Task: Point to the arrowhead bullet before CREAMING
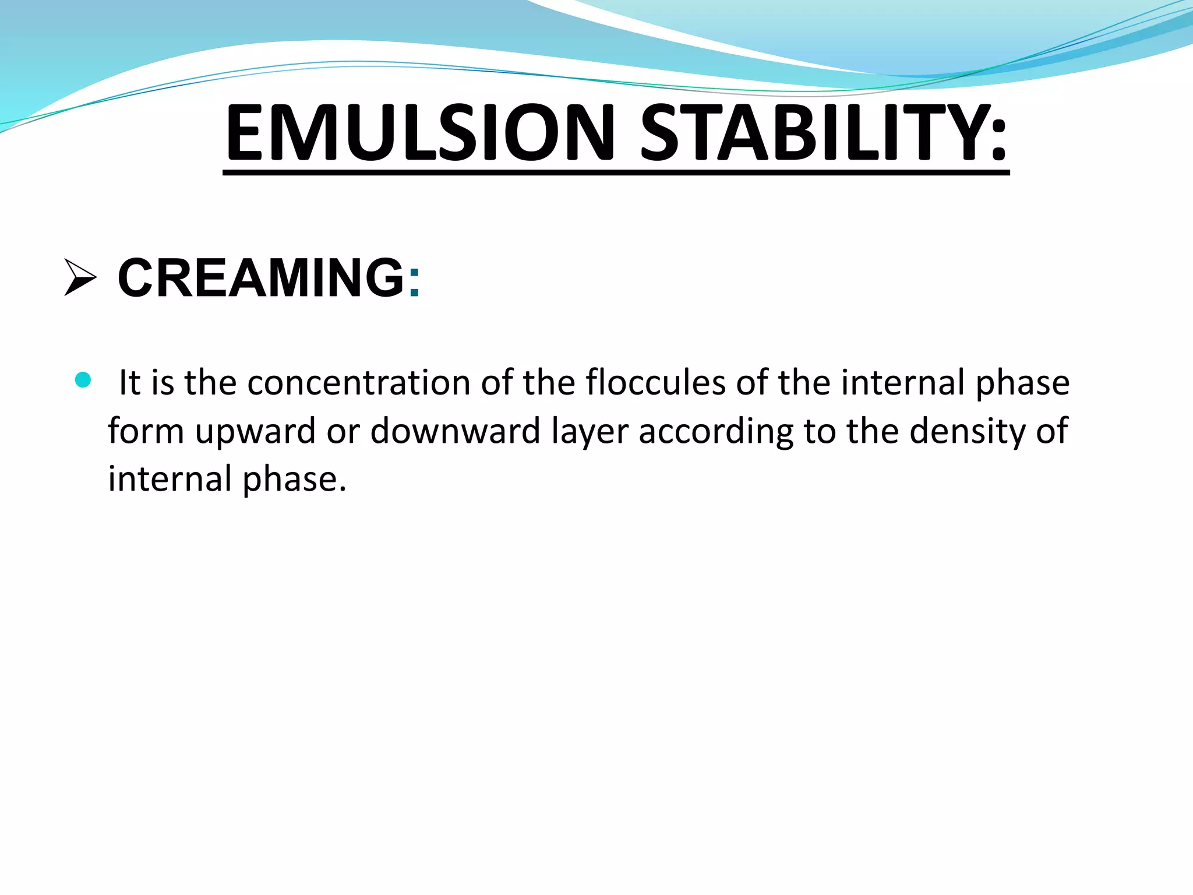(x=80, y=278)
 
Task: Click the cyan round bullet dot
(x=83, y=380)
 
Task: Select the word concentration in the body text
(x=358, y=383)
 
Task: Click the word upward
(x=255, y=432)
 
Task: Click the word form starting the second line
(x=146, y=431)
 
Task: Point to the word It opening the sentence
(x=129, y=383)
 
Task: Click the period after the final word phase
(x=343, y=488)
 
